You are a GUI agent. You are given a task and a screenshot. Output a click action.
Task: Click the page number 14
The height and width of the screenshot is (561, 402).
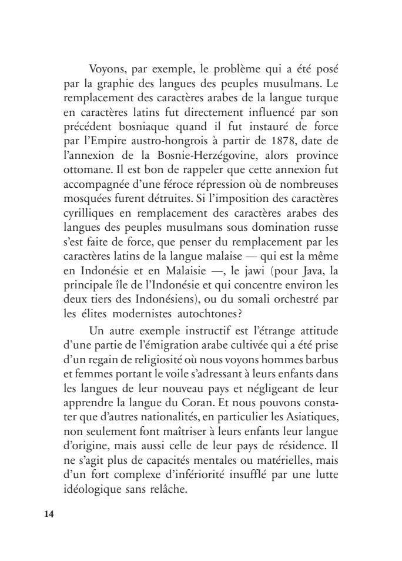click(x=49, y=513)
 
